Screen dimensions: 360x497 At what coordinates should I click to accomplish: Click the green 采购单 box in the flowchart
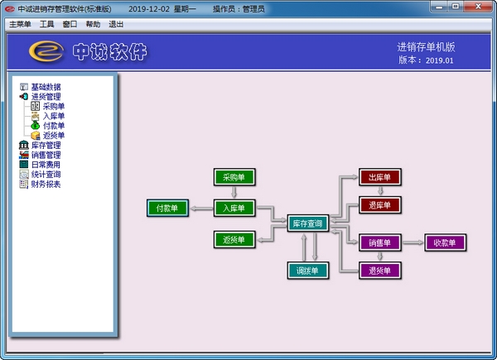pyautogui.click(x=234, y=177)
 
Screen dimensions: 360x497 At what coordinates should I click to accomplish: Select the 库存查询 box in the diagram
pyautogui.click(x=308, y=223)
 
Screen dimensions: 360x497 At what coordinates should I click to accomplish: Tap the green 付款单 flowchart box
pyautogui.click(x=167, y=208)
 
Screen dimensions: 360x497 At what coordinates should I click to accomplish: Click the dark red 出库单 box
pyautogui.click(x=380, y=177)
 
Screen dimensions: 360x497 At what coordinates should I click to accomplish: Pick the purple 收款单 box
pyautogui.click(x=446, y=242)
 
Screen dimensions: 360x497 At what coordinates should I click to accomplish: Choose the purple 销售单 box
pyautogui.click(x=380, y=242)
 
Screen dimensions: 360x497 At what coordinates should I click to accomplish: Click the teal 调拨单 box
pyautogui.click(x=308, y=270)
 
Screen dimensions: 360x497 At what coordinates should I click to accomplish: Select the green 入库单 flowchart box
pyautogui.click(x=234, y=208)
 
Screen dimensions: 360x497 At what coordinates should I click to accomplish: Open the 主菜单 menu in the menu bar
pyautogui.click(x=20, y=24)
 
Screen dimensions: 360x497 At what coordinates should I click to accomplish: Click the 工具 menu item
pyautogui.click(x=47, y=24)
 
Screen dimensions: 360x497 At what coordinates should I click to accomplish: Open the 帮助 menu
pyautogui.click(x=93, y=24)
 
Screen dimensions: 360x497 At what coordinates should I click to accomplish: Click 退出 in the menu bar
pyautogui.click(x=116, y=24)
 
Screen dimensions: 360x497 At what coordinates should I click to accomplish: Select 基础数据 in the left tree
pyautogui.click(x=46, y=87)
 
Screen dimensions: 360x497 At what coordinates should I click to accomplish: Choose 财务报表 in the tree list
pyautogui.click(x=46, y=184)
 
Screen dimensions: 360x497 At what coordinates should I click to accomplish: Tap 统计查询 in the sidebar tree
pyautogui.click(x=46, y=175)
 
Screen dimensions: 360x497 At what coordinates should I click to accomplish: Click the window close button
pyautogui.click(x=481, y=8)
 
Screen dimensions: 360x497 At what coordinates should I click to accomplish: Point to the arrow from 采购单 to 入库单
pyautogui.click(x=234, y=192)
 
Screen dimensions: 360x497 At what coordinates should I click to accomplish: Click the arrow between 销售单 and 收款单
pyautogui.click(x=413, y=242)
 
